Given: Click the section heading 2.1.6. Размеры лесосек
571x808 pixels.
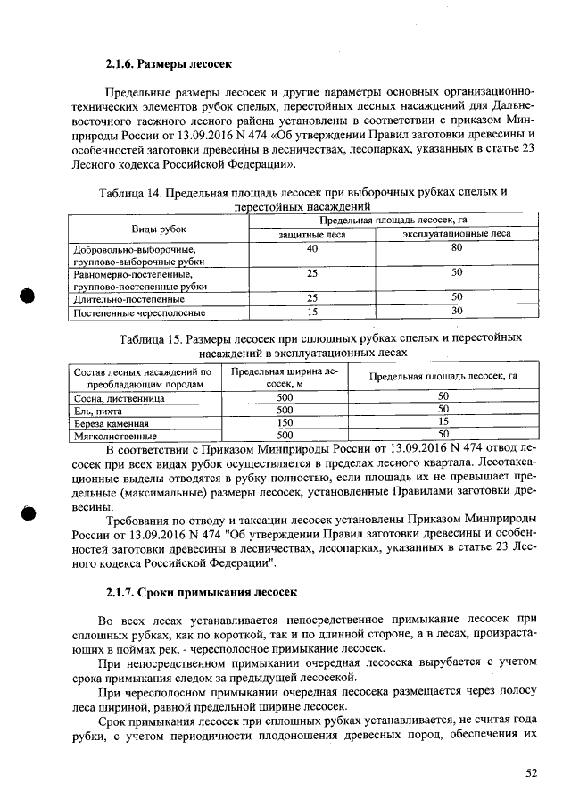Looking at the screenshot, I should (x=168, y=64).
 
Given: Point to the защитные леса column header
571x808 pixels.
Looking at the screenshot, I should (x=311, y=235).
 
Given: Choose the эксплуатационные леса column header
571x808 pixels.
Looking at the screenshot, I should (x=457, y=235).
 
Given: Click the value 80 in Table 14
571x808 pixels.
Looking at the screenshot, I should (x=457, y=248).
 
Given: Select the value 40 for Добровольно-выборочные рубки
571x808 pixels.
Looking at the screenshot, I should (x=311, y=248).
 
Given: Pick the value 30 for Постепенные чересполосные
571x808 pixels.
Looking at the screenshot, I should (x=457, y=312).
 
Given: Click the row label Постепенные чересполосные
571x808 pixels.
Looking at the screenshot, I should (x=139, y=312).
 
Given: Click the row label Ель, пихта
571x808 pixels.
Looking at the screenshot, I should (x=97, y=410).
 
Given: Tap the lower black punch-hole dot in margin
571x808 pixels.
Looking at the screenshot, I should (x=29, y=512).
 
